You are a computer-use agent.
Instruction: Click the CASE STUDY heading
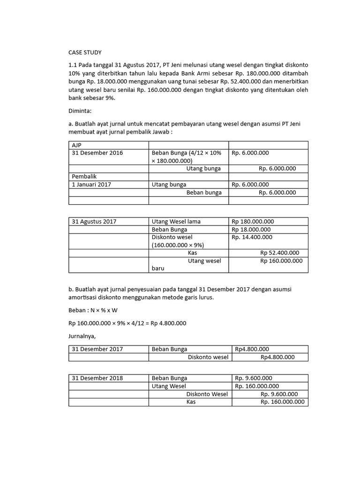click(x=85, y=52)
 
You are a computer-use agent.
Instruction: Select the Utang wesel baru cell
click(x=188, y=265)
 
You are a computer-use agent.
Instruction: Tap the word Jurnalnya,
click(x=83, y=336)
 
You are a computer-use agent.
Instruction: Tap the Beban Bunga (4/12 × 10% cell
click(x=188, y=153)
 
